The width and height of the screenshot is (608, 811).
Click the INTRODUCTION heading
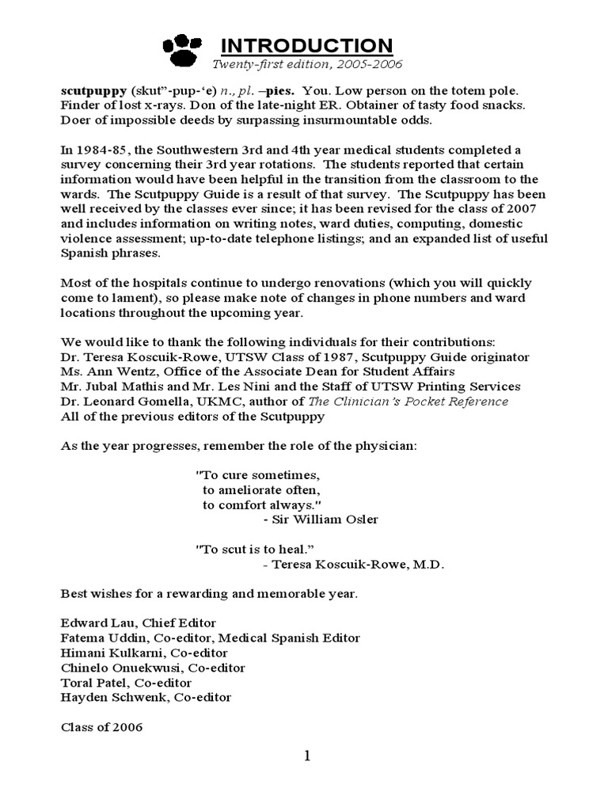point(305,45)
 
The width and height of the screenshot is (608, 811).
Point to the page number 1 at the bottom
point(307,756)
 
